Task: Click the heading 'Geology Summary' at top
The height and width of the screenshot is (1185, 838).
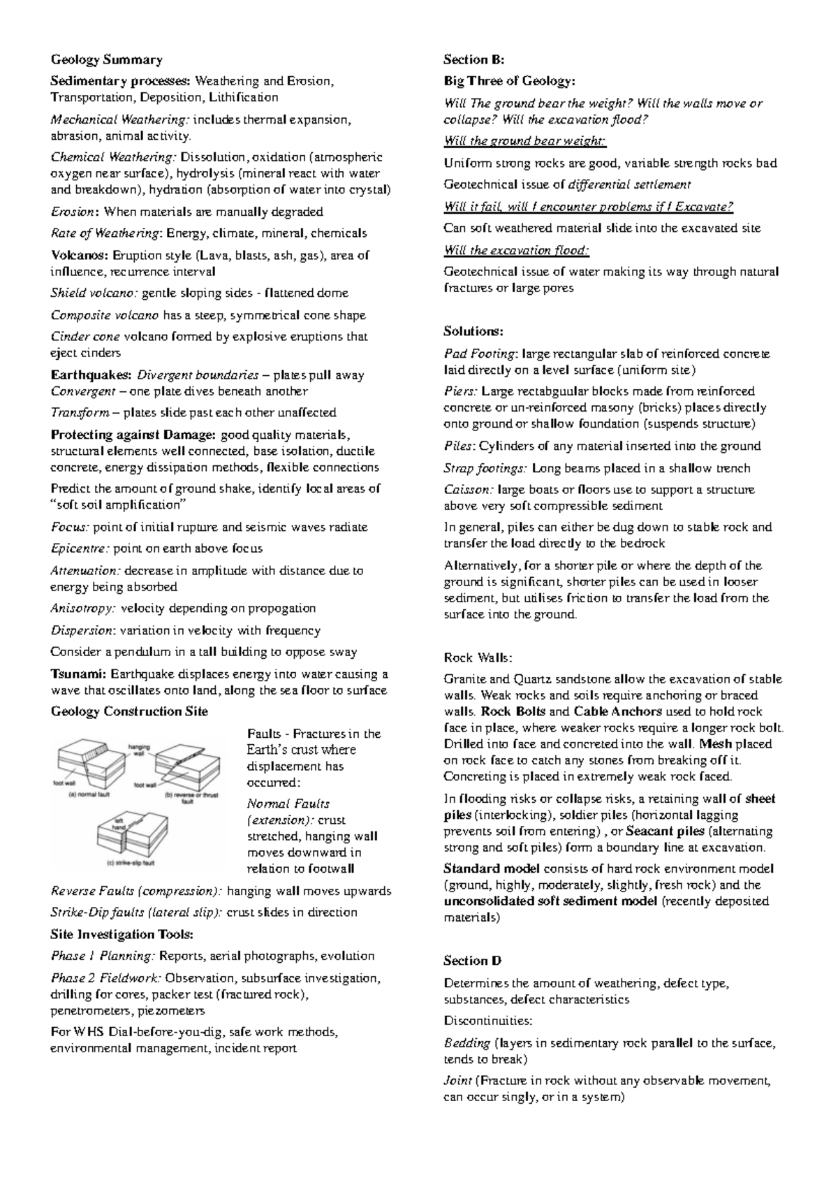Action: coord(106,59)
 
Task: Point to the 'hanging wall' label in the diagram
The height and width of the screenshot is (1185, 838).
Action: coord(139,750)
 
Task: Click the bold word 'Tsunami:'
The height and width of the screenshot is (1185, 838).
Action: coord(78,674)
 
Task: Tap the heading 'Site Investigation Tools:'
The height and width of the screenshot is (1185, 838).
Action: coord(122,934)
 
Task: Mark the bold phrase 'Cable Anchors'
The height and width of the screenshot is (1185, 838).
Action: coord(617,711)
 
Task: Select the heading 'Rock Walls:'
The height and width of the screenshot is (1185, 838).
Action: coord(478,657)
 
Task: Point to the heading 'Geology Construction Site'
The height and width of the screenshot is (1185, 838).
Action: coord(129,711)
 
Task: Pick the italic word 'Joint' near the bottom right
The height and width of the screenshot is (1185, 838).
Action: coord(457,1081)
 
